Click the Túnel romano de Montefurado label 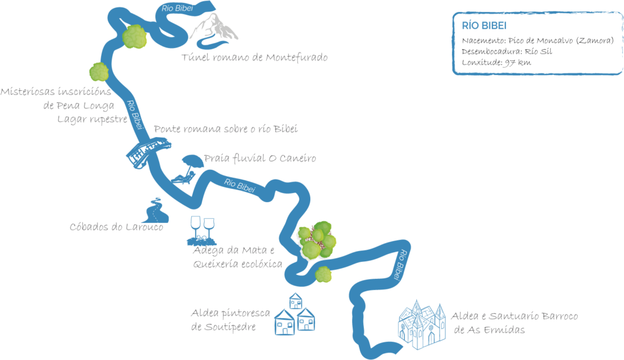click(x=255, y=58)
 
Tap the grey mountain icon click(x=211, y=31)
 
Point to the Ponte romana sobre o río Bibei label click(x=225, y=129)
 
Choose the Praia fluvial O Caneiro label click(x=260, y=159)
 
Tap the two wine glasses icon click(x=203, y=228)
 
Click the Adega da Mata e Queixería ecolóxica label click(x=237, y=258)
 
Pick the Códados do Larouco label click(x=116, y=227)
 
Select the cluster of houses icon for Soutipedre click(x=294, y=315)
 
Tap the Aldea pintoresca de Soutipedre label click(x=230, y=320)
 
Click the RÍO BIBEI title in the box click(x=485, y=26)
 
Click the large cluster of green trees click(x=316, y=238)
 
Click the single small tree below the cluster click(x=323, y=274)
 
